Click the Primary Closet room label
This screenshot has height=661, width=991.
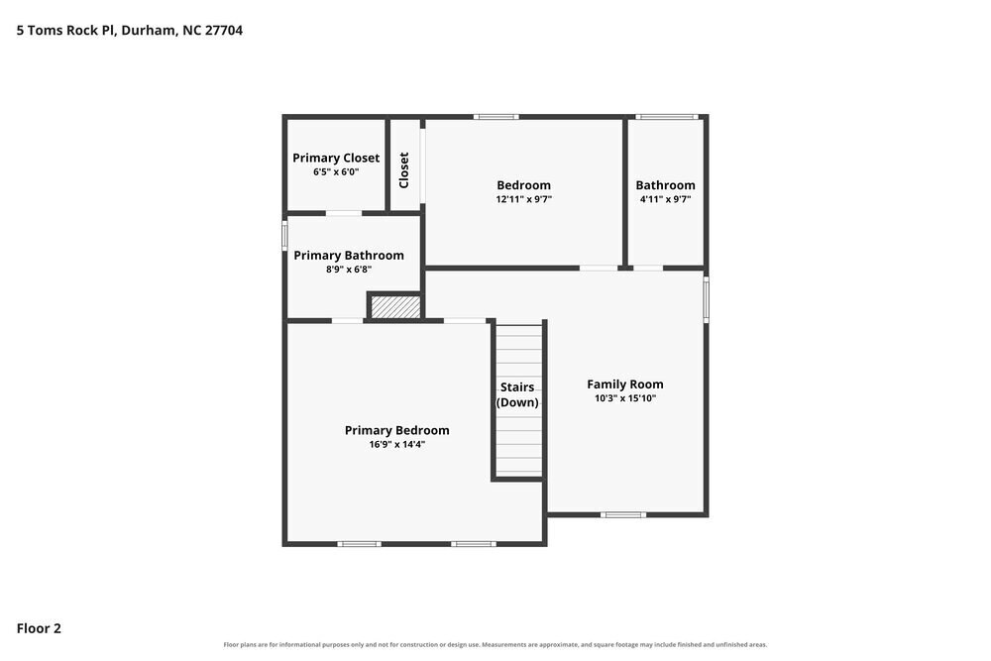click(x=336, y=158)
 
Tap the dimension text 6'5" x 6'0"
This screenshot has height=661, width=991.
click(x=336, y=171)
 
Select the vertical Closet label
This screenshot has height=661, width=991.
click(x=404, y=170)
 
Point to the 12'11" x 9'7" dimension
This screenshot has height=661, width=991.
click(x=523, y=199)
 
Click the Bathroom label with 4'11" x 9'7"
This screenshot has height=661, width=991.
click(x=665, y=185)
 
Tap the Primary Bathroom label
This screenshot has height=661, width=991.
click(x=348, y=256)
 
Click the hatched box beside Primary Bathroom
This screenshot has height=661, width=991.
click(x=395, y=307)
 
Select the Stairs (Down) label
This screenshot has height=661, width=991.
click(x=517, y=395)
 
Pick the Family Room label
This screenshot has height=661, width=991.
click(x=624, y=385)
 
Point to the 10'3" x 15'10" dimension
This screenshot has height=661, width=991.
click(x=624, y=398)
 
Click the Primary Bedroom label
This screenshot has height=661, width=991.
click(x=397, y=430)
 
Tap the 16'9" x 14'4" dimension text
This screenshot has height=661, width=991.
click(x=397, y=444)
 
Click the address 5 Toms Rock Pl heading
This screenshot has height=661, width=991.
click(x=130, y=31)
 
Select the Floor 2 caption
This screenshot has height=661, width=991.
click(x=39, y=628)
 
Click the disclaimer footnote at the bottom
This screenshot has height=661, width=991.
click(x=495, y=644)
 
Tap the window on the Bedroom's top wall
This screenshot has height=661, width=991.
click(x=496, y=117)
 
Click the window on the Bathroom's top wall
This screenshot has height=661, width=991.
click(x=667, y=117)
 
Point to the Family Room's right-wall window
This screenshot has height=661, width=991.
click(x=706, y=299)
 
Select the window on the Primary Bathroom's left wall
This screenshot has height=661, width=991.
click(x=284, y=235)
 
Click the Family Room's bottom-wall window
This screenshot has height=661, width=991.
click(x=623, y=514)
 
